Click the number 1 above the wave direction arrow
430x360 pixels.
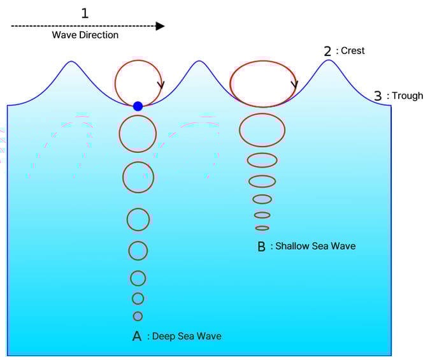point(85,12)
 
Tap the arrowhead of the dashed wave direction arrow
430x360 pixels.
point(160,26)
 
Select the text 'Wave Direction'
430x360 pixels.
point(85,35)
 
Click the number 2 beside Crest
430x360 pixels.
point(328,50)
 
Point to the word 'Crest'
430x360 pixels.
point(352,50)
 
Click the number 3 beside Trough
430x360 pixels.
point(378,96)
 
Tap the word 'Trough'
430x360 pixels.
point(406,96)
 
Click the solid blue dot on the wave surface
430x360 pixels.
point(138,106)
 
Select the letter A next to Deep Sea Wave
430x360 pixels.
point(136,336)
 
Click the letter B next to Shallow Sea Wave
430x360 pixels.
point(261,247)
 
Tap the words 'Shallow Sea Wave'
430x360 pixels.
point(315,246)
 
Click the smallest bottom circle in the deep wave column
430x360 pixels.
point(138,316)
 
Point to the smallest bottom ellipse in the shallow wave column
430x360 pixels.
point(262,228)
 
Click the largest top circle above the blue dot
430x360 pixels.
point(138,82)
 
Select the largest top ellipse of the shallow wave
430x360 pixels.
point(262,83)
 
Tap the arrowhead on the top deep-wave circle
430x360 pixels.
point(161,84)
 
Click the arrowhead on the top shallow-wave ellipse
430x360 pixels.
point(294,84)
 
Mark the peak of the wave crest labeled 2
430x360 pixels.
point(328,61)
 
